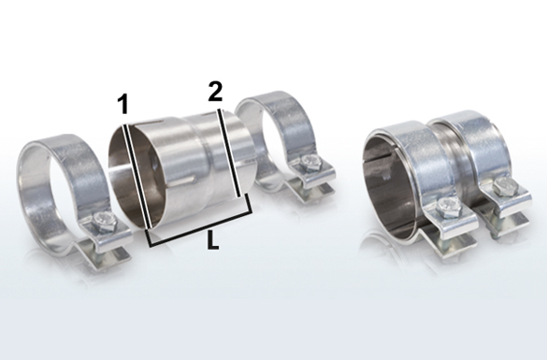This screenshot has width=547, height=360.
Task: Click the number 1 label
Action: pos(122,104)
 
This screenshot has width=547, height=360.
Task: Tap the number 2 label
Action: pos(215,92)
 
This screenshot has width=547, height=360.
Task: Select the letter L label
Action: pos(213,240)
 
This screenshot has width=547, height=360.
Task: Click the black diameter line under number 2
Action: pos(229,153)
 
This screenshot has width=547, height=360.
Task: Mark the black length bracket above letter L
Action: pos(200,221)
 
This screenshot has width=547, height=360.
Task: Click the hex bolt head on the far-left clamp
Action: pos(104,222)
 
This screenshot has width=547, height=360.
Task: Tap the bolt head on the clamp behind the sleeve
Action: pos(311,162)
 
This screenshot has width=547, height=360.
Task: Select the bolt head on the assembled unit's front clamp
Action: pos(449,208)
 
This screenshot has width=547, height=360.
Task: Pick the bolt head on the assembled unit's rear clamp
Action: pos(505,186)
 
